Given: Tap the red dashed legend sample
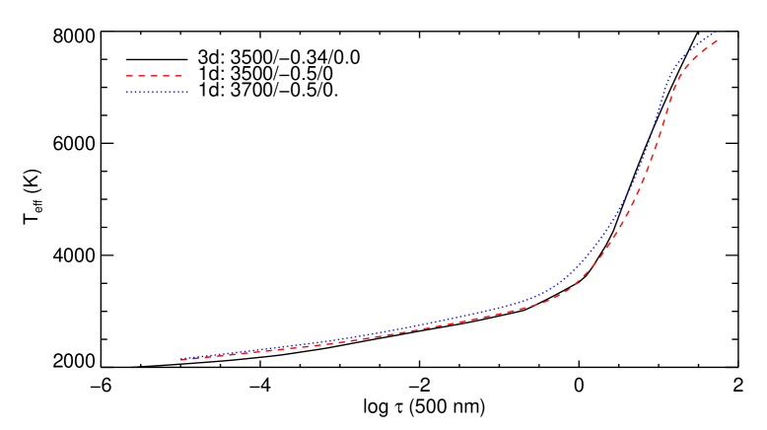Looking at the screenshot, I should coord(155,76).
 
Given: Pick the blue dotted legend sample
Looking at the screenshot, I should coord(157,92).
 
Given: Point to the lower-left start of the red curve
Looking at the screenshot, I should coord(180,360).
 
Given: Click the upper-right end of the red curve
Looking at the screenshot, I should coord(717,39).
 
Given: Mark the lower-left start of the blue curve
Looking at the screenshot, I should coord(180,359).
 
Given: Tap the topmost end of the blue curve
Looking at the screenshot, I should coord(716,32).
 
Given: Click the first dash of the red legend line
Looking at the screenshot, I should coord(129,76).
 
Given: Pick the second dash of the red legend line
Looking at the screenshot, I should coord(142,76).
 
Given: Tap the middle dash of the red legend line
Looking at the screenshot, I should coord(155,76).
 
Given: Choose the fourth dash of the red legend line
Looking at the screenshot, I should coord(168,76).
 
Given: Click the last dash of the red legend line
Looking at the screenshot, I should coord(179,76).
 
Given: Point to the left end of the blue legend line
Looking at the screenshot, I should coord(127,92).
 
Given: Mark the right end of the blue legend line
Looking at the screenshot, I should coord(187,92).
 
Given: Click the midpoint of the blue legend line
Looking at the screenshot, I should coord(157,92).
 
